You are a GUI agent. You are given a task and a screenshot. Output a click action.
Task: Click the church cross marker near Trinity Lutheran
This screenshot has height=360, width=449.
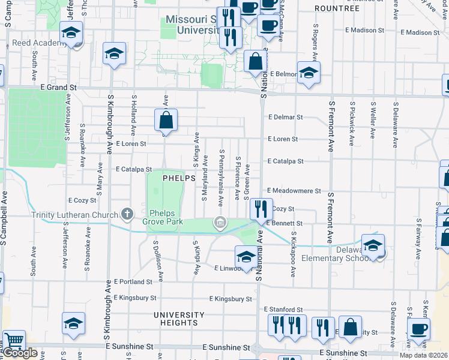tap(127, 213)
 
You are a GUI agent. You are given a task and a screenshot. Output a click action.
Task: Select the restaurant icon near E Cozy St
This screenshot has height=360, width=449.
tap(261, 209)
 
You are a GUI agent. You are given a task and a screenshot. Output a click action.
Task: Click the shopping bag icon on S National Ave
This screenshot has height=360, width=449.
tap(256, 61)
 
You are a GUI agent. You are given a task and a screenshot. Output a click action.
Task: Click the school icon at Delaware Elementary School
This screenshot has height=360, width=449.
tap(373, 245)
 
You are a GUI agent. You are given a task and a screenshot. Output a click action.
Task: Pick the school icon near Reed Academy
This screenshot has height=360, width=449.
tap(71, 32)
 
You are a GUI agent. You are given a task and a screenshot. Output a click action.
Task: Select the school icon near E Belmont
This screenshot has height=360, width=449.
tap(309, 73)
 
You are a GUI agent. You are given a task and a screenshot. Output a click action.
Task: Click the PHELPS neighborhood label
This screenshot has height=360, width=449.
tap(179, 178)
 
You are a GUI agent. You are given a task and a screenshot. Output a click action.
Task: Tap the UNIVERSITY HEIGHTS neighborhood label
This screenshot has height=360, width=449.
tap(179, 319)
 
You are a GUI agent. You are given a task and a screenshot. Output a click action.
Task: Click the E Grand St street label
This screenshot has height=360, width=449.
tap(59, 88)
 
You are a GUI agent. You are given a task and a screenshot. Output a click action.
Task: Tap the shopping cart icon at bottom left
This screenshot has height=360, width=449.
tap(13, 341)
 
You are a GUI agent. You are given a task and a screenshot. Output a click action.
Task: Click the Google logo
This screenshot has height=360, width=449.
tap(20, 353)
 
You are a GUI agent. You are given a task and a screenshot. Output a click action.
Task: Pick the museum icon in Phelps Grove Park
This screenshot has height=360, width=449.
tap(220, 224)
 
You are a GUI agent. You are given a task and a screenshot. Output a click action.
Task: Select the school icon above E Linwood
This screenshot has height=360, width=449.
tap(246, 257)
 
